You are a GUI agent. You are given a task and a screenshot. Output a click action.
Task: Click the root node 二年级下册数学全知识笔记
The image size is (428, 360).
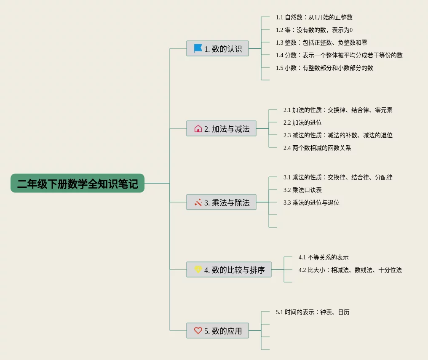pos(78,184)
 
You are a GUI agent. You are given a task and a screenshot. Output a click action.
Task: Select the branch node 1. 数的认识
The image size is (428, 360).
pos(217,48)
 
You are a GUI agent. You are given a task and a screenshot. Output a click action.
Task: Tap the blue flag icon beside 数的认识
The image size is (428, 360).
pos(198,48)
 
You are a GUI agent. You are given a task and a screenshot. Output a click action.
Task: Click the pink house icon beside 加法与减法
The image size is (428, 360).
pos(198,128)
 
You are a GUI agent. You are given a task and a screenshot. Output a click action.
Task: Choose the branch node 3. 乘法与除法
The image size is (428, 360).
pos(221,203)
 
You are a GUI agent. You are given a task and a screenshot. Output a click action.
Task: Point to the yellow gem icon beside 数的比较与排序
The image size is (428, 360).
pos(198,269)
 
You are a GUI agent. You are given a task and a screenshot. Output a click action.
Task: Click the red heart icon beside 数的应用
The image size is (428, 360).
pos(198,331)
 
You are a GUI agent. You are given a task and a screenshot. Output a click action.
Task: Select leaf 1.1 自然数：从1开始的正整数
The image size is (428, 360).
pos(314,18)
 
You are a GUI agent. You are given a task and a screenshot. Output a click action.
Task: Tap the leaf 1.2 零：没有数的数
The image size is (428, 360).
pos(314,30)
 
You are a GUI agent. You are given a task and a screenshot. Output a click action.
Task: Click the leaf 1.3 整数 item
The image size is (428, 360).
pos(321,43)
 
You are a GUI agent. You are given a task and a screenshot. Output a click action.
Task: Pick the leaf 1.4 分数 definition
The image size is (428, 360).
pos(339,55)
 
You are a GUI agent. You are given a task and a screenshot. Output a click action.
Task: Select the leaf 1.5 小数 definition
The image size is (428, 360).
pos(324,68)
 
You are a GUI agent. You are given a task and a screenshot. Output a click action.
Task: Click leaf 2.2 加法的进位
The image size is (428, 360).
pos(302,123)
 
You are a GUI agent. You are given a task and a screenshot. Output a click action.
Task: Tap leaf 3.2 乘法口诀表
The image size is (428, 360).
pos(302,190)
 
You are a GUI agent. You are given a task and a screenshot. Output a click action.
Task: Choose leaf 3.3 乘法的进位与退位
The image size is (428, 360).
pos(311,203)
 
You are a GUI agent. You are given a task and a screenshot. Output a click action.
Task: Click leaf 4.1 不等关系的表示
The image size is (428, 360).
pos(324,257)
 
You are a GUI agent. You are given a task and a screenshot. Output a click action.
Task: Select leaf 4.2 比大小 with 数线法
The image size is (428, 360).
pos(350,270)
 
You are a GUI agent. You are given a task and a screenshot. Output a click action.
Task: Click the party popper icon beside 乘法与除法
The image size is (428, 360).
pos(198,203)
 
